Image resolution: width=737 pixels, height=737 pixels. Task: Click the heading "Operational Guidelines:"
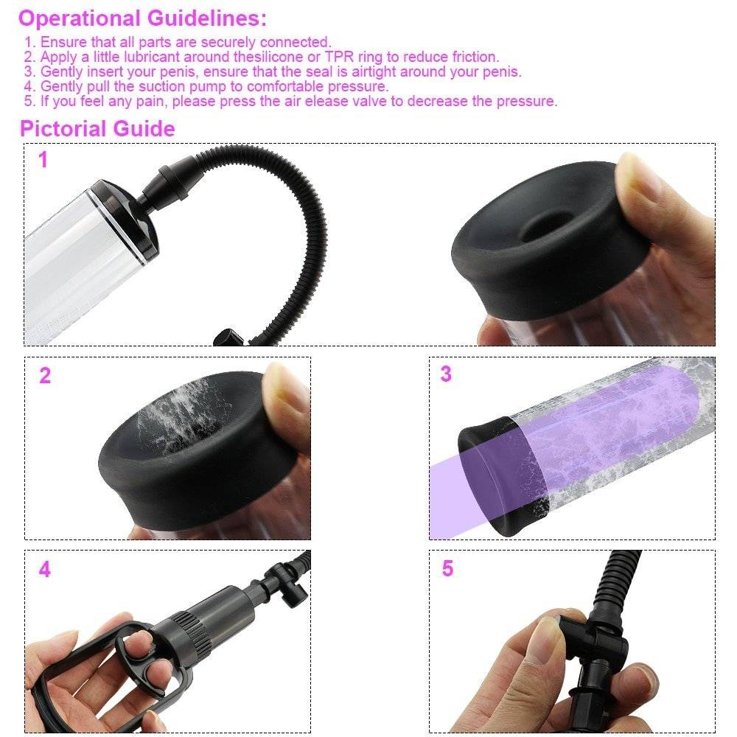[142, 19]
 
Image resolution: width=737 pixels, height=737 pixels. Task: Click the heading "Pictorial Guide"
[97, 129]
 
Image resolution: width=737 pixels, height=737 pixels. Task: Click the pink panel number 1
[43, 160]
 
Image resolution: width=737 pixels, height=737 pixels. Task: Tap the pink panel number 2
[45, 376]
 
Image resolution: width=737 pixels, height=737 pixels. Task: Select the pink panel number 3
[446, 374]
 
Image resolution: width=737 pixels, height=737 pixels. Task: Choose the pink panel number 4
[45, 569]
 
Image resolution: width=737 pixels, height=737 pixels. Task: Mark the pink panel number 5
[447, 568]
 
